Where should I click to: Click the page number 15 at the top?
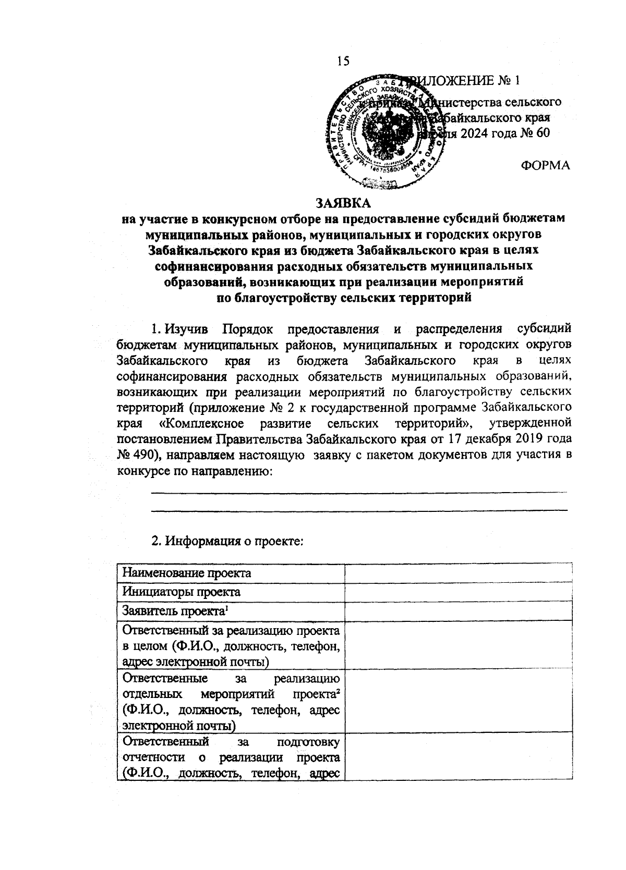click(343, 61)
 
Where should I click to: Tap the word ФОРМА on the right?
click(545, 166)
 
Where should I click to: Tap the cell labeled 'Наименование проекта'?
click(187, 573)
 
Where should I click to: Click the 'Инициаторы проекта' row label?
click(182, 592)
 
